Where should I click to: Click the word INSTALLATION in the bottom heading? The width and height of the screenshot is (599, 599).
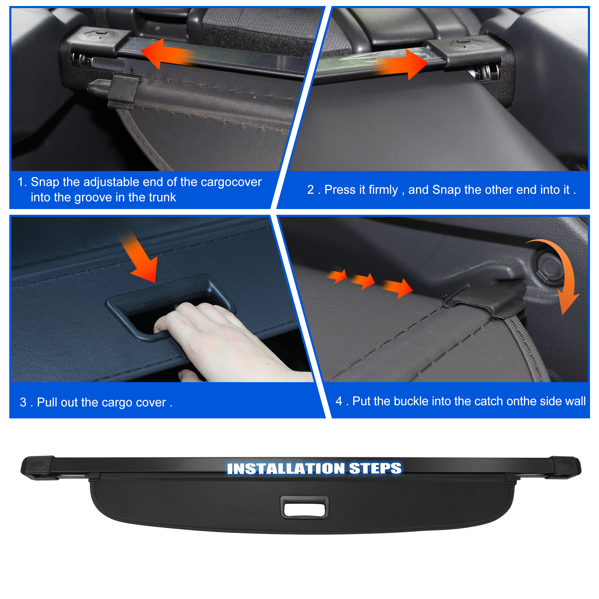[285, 468]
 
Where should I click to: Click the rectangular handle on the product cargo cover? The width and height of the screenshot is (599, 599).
[304, 507]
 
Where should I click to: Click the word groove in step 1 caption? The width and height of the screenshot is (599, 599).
[93, 198]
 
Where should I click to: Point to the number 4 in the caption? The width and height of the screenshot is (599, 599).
[339, 401]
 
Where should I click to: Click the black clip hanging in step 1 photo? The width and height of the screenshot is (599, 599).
[122, 90]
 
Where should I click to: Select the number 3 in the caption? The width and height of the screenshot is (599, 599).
[23, 403]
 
